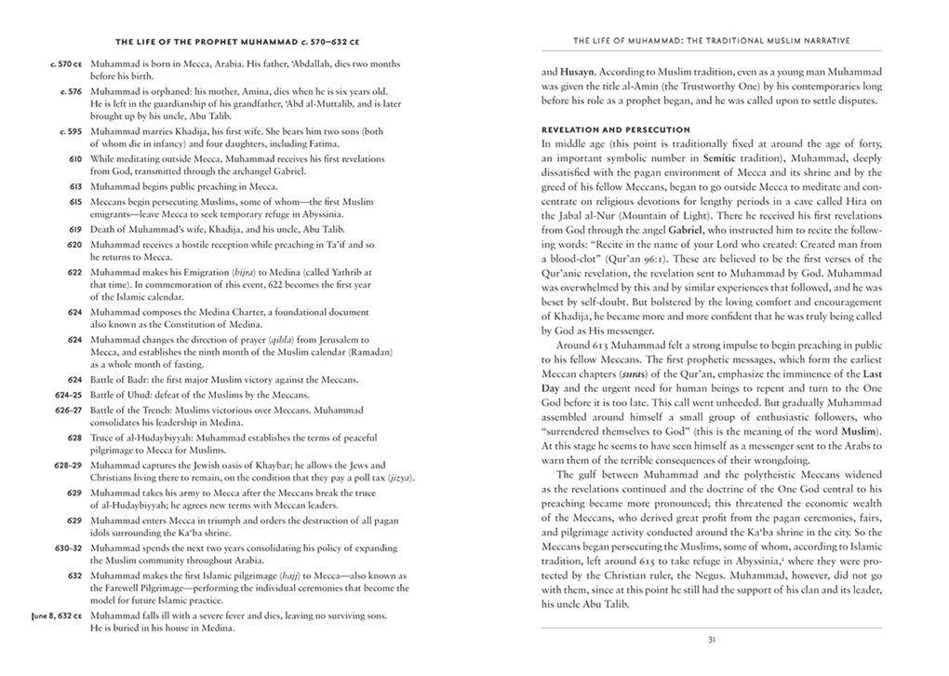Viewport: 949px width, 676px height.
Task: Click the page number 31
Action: point(711,640)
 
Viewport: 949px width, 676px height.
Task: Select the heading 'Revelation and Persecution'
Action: point(615,129)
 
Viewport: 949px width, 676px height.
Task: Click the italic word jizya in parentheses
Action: point(400,478)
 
